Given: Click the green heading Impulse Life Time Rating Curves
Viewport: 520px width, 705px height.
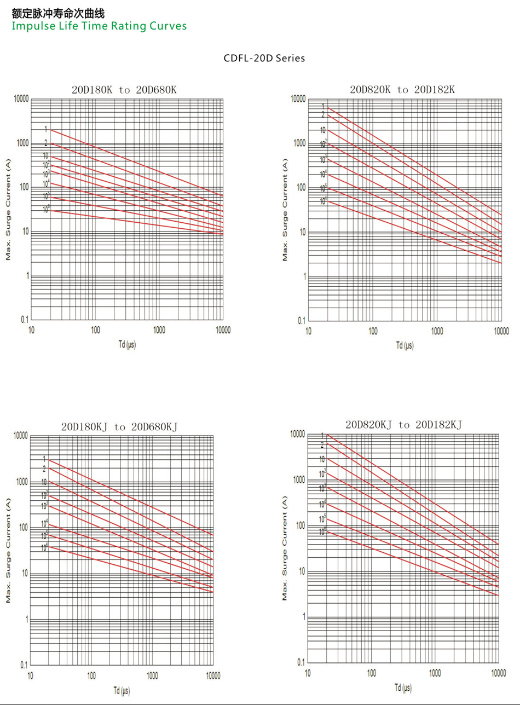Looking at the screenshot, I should (99, 26).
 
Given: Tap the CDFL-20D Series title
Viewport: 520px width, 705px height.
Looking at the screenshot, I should (264, 58).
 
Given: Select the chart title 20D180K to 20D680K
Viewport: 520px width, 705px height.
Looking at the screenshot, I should (124, 90).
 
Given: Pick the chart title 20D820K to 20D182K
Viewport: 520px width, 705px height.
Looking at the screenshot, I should (402, 89).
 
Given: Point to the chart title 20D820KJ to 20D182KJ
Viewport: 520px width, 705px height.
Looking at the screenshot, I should (404, 424).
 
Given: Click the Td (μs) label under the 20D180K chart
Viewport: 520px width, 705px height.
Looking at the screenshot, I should (127, 345).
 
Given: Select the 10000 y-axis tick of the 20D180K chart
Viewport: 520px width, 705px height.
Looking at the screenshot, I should (21, 99).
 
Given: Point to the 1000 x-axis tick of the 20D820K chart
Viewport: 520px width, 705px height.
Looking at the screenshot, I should (437, 331).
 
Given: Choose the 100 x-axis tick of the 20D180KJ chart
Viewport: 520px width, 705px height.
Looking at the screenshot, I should (91, 676).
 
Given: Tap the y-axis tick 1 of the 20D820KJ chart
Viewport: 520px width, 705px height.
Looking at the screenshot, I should (302, 617).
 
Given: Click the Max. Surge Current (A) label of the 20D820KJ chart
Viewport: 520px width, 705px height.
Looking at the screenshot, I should (285, 547).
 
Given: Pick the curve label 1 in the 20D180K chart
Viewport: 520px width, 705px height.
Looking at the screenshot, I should (46, 129).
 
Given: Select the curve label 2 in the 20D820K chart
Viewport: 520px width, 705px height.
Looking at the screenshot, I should (323, 114).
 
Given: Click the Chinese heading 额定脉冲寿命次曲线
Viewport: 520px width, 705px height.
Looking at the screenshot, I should (58, 14).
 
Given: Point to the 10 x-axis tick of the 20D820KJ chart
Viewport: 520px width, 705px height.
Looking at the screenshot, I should (308, 673).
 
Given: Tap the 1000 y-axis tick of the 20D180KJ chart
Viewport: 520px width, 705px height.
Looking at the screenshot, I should (21, 482).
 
